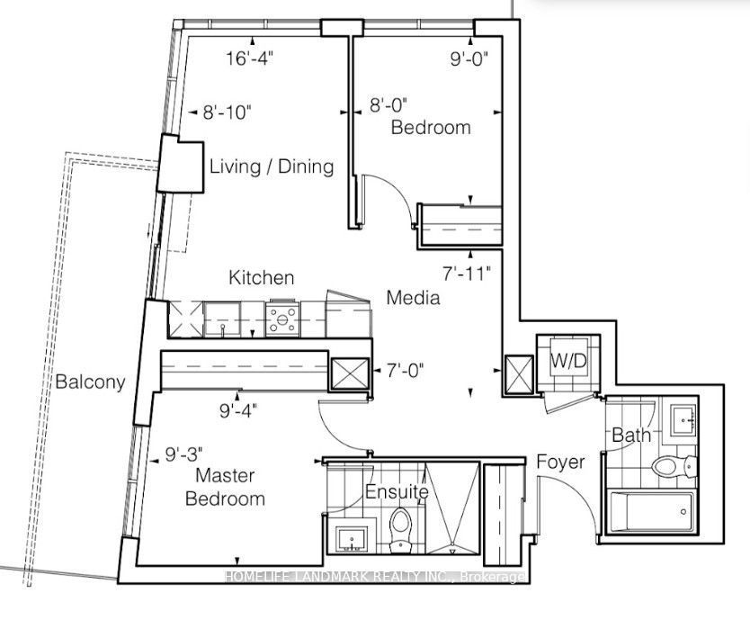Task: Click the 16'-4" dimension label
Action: (249, 58)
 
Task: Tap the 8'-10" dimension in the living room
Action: (228, 113)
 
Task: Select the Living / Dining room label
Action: (272, 167)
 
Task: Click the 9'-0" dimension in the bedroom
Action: (469, 58)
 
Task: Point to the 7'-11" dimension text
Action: (467, 274)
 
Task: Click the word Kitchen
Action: (261, 278)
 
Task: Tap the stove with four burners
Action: (282, 318)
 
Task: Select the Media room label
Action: (414, 298)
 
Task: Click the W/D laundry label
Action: (568, 361)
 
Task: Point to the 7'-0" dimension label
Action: (405, 371)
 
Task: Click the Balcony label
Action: (91, 382)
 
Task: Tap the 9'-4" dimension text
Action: (238, 410)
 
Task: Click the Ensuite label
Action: (397, 491)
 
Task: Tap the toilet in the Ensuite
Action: (401, 529)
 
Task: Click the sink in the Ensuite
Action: (352, 540)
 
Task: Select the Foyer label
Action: (560, 462)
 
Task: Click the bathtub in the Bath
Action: (651, 512)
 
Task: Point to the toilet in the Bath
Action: (674, 465)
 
